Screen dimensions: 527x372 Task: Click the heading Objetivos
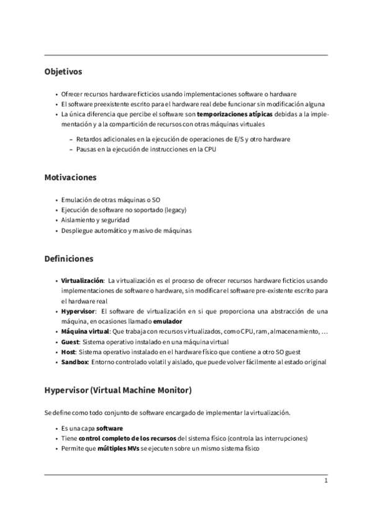click(63, 72)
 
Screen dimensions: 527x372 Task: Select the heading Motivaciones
click(70, 178)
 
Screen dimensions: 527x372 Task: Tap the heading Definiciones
click(68, 258)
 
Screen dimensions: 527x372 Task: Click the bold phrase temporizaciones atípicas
click(234, 115)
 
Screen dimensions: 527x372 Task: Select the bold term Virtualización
click(83, 280)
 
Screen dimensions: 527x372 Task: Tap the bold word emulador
click(168, 321)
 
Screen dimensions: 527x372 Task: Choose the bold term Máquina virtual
click(85, 332)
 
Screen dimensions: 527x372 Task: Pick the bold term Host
click(69, 352)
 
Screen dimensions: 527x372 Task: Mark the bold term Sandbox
click(75, 362)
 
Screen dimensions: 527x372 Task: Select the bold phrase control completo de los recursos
click(128, 438)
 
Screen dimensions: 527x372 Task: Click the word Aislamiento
click(78, 220)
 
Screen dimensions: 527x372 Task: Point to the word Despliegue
click(76, 231)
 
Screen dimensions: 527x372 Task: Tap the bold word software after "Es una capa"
click(109, 428)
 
